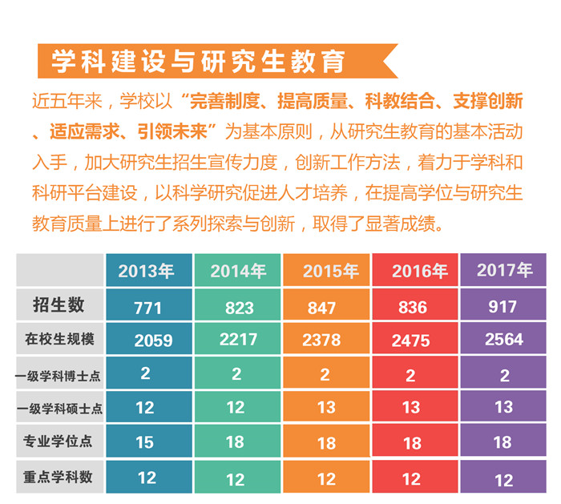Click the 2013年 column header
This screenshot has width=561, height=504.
pos(147,271)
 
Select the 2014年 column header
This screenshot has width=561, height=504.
pos(238,272)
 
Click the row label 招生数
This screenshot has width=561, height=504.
pos(59,304)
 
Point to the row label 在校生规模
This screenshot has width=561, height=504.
pos(59,339)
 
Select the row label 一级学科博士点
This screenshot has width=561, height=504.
pos(59,374)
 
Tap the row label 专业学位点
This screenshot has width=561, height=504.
pos(59,442)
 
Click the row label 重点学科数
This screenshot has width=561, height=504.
pos(59,477)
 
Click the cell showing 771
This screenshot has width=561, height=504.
pos(147,308)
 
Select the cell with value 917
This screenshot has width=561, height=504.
pos(502,306)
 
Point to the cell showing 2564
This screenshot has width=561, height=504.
pos(504,340)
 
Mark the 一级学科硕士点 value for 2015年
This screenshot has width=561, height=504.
pos(326,408)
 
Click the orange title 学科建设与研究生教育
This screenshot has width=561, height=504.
pos(198,62)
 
